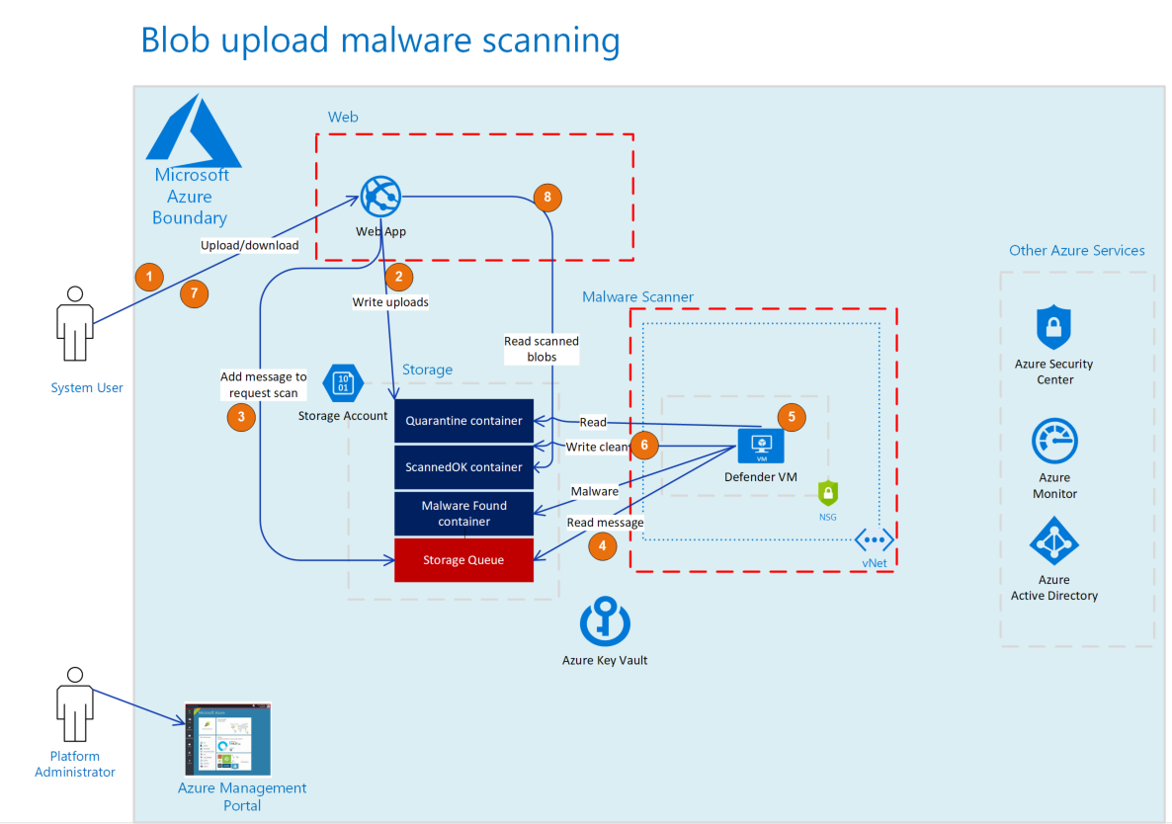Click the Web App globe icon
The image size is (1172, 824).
coord(380,197)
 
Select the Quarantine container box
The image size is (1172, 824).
coord(463,421)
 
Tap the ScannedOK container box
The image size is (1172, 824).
coord(463,466)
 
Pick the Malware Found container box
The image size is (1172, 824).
coord(463,513)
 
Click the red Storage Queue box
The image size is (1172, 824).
coord(463,560)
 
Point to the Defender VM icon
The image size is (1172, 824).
coord(760,446)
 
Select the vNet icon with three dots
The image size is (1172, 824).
coord(875,539)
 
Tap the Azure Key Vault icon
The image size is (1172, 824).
coord(604,622)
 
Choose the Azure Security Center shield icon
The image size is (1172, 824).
coord(1053,327)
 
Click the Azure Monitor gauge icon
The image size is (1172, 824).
coord(1054,442)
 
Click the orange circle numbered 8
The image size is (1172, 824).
coord(546,197)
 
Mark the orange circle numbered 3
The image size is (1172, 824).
coord(240,417)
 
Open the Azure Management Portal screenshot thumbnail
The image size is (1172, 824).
coord(227,739)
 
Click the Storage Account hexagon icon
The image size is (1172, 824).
coord(343,382)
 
